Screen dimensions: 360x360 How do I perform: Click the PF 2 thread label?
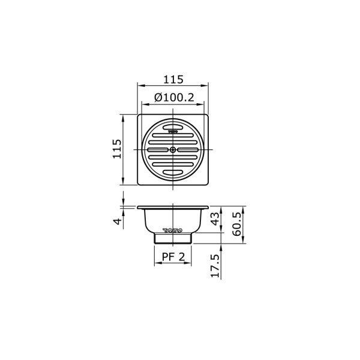[173, 257]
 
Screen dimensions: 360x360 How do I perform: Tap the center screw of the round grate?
[173, 149]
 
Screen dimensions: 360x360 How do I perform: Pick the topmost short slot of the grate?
[173, 126]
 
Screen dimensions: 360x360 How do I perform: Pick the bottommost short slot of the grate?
[173, 173]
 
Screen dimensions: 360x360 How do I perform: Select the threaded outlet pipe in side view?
[173, 238]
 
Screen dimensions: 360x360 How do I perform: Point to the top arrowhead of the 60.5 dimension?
[245, 208]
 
